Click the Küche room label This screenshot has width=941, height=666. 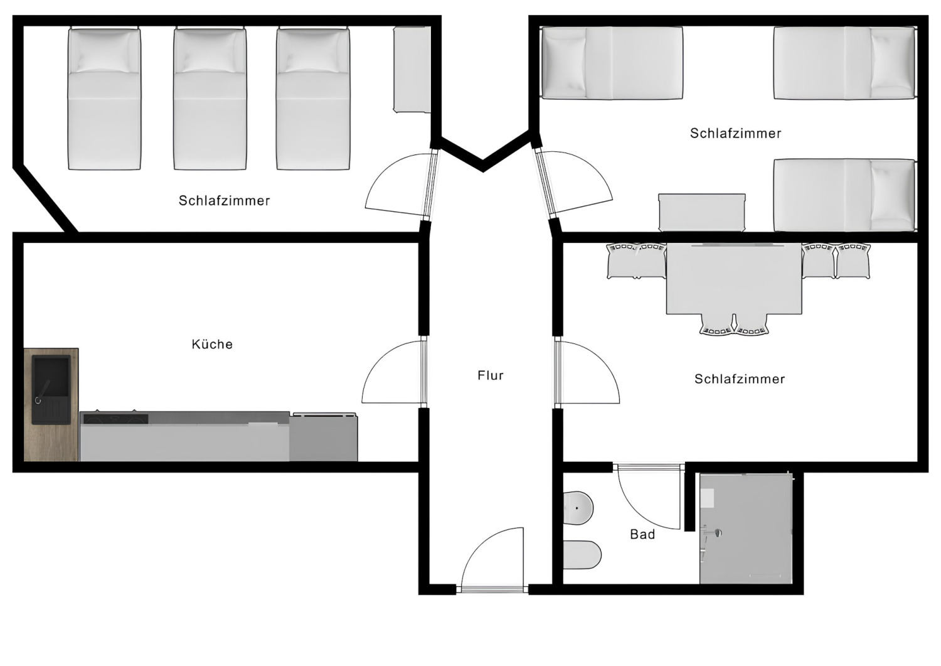[212, 344]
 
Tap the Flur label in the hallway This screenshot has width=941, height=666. [491, 375]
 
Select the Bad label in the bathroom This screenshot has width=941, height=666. [642, 534]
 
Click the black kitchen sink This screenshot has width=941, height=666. [51, 387]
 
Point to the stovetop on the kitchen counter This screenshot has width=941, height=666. [115, 417]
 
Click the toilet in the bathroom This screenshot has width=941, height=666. [583, 555]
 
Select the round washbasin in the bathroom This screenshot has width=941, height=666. [578, 508]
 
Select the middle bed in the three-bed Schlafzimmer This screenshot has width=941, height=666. [210, 99]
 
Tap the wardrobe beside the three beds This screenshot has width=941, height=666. [412, 69]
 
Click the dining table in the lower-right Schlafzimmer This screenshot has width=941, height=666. [734, 279]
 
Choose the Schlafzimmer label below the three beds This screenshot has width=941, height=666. [225, 201]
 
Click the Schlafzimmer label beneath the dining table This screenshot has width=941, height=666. [740, 379]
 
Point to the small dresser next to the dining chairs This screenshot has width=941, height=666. [702, 213]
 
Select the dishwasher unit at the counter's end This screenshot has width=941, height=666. [324, 438]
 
